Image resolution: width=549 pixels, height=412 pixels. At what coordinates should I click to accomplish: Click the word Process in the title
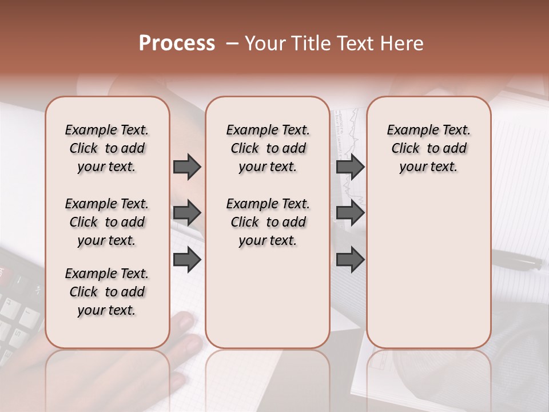pos(177,43)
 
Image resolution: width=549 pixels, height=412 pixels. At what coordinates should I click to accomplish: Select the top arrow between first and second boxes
pos(187,167)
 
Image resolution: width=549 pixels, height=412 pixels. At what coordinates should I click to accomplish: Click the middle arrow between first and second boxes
pos(187,213)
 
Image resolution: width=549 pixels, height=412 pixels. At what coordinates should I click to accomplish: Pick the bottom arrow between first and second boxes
pos(187,259)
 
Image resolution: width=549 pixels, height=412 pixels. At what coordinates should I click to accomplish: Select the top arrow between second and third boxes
pos(350,167)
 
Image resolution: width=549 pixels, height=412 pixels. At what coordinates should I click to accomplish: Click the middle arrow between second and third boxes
pos(350,213)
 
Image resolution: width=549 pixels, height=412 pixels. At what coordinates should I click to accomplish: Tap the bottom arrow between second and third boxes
pos(350,259)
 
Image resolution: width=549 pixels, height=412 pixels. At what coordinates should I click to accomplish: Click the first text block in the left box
pos(107,148)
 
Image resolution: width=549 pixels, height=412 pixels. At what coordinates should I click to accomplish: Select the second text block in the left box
pos(107,222)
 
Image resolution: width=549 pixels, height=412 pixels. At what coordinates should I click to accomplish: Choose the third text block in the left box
pos(107,292)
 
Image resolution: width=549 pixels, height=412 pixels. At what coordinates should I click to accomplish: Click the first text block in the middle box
pos(268,148)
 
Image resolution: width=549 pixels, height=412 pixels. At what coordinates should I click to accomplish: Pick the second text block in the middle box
pos(268,222)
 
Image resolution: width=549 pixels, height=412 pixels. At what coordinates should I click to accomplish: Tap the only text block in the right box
pos(428,148)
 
